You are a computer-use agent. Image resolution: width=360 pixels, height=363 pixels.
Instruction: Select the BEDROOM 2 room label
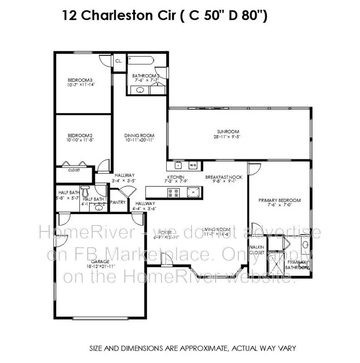coord(80,135)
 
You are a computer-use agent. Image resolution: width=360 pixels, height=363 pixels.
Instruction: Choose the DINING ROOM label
coord(139,135)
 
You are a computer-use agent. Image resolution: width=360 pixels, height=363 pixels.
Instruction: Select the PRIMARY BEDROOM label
coord(279,200)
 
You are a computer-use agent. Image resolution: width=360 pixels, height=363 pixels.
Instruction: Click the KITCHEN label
coord(175,177)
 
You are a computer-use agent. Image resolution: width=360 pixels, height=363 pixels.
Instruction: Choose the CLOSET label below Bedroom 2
coord(74,170)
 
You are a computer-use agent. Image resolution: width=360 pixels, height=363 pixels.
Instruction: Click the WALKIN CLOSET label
coord(256,249)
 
